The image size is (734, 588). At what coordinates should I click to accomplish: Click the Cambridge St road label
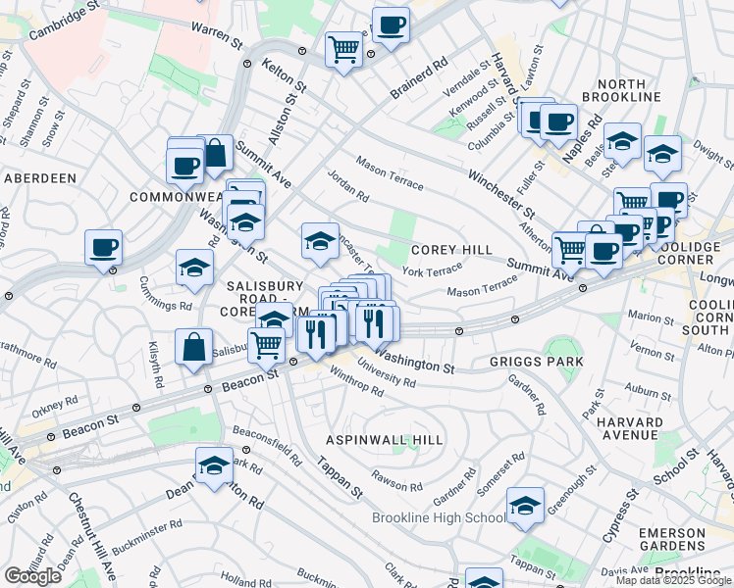[x=65, y=21]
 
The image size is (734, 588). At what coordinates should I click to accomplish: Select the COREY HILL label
[x=451, y=251]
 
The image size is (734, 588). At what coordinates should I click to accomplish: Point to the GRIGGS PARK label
[x=536, y=362]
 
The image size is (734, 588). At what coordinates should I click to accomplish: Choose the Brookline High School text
[x=439, y=517]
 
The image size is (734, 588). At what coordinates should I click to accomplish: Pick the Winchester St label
[x=501, y=193]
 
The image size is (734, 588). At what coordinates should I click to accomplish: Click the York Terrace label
[x=432, y=269]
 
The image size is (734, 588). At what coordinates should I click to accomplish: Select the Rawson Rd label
[x=395, y=482]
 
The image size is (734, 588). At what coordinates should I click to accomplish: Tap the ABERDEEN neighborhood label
[x=40, y=178]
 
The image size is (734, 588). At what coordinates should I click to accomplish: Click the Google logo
[x=32, y=576]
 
